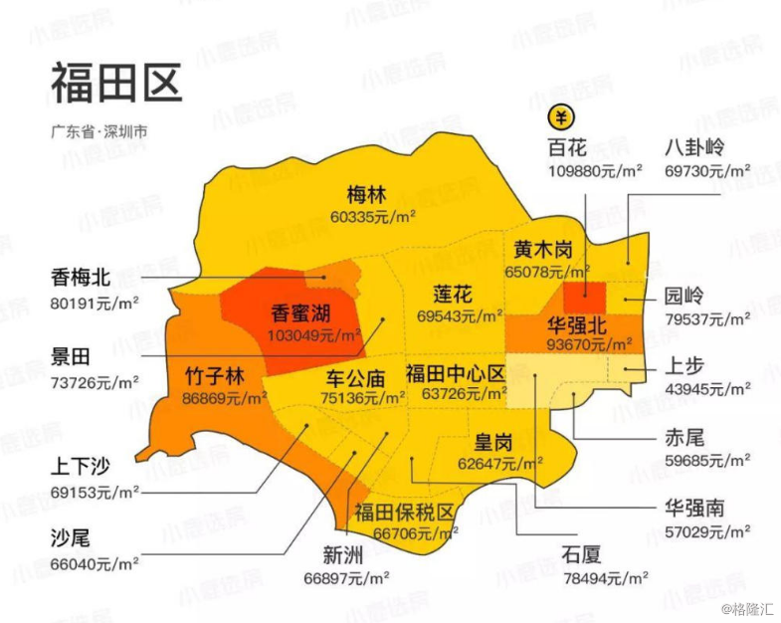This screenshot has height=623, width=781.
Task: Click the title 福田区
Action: [116, 83]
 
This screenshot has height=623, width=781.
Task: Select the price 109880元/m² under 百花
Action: [594, 171]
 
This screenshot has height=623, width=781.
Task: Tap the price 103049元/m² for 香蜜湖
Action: [313, 335]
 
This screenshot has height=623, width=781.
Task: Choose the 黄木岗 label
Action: [543, 249]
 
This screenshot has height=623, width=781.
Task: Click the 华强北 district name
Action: [576, 325]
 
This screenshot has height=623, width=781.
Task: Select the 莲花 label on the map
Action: [453, 295]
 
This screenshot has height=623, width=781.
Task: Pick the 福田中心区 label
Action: [456, 373]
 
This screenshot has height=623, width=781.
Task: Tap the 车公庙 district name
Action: [355, 378]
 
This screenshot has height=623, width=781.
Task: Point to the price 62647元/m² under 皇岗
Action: [500, 463]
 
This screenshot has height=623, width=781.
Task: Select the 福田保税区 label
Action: [405, 513]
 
